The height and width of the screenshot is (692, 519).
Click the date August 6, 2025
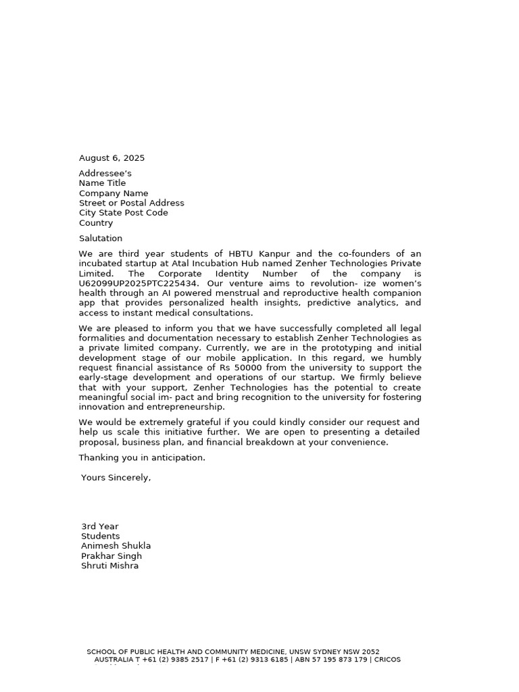coord(112,158)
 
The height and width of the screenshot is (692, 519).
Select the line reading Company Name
coord(114,193)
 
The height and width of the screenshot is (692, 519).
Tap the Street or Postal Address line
coord(131,203)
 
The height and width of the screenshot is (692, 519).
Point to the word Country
coord(96,223)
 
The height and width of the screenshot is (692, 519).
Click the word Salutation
coord(101,239)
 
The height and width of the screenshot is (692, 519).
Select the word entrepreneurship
coord(183,407)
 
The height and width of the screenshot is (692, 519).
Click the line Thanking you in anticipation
coord(142,458)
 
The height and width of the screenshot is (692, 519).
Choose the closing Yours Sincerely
coord(116,478)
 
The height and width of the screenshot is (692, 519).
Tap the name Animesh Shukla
coord(116,546)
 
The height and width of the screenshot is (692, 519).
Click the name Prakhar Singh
coord(112,556)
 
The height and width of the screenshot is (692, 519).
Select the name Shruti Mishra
coord(109,566)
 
